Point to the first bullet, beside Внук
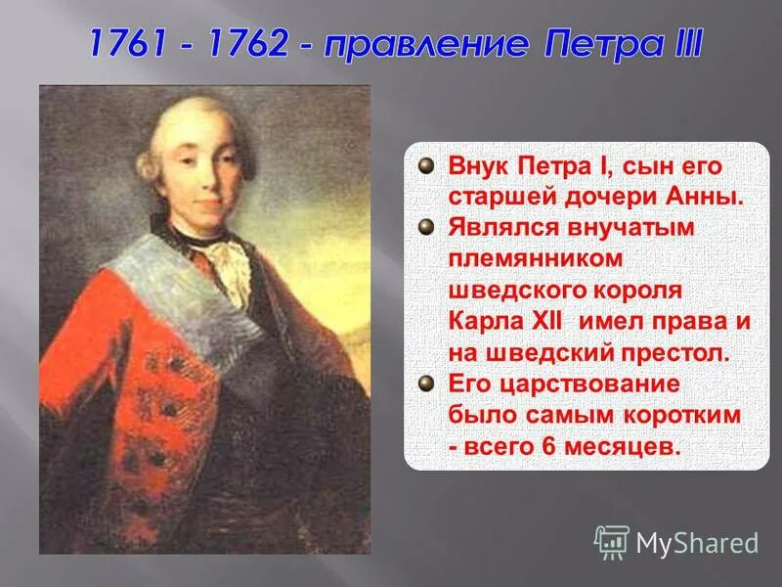point(426,165)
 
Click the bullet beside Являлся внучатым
point(426,227)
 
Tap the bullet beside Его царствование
point(426,383)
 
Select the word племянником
point(536,259)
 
